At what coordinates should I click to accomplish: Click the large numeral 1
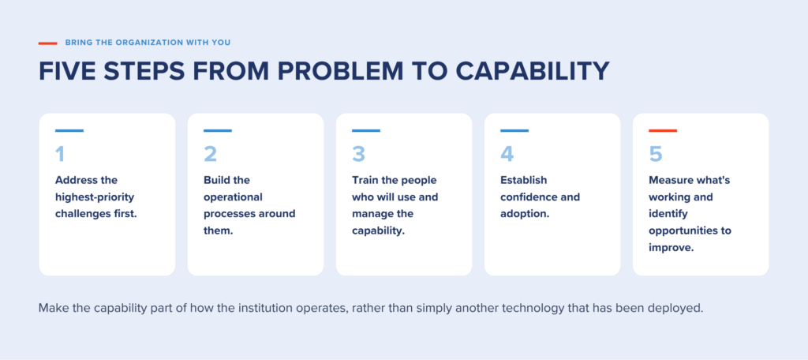pyautogui.click(x=60, y=154)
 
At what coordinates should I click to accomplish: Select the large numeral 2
pyautogui.click(x=210, y=154)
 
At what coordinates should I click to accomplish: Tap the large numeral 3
pyautogui.click(x=359, y=154)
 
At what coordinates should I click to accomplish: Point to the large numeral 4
pyautogui.click(x=507, y=154)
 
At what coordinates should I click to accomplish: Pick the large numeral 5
pyautogui.click(x=656, y=154)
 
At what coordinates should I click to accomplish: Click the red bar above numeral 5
pyautogui.click(x=663, y=130)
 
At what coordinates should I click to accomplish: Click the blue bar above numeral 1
pyautogui.click(x=69, y=130)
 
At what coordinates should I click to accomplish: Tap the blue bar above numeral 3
pyautogui.click(x=366, y=130)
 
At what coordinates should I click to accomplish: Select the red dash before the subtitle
pyautogui.click(x=47, y=43)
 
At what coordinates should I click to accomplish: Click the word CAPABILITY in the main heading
pyautogui.click(x=533, y=71)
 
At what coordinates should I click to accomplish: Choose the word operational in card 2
pyautogui.click(x=233, y=197)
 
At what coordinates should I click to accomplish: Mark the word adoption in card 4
pyautogui.click(x=524, y=214)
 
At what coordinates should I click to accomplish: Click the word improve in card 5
pyautogui.click(x=670, y=247)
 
